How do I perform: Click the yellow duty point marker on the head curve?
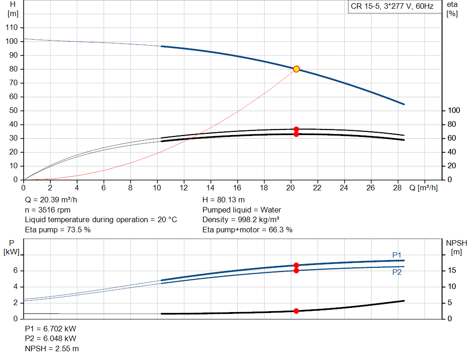[296, 69]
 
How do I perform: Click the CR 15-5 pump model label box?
[392, 7]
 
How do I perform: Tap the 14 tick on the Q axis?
[211, 188]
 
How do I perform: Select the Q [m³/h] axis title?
[423, 188]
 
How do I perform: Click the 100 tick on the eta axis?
[454, 111]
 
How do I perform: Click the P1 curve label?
[397, 255]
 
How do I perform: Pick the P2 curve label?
[397, 272]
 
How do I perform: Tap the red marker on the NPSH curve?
[296, 311]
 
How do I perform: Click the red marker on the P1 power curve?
[296, 266]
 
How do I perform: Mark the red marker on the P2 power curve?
[296, 271]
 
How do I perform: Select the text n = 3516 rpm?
[47, 210]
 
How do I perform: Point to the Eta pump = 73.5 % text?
[58, 230]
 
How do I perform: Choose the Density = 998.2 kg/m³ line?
[241, 220]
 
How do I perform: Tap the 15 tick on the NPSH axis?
[452, 271]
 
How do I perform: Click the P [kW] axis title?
[12, 247]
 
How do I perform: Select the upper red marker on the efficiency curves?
[296, 129]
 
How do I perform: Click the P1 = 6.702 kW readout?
[51, 330]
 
